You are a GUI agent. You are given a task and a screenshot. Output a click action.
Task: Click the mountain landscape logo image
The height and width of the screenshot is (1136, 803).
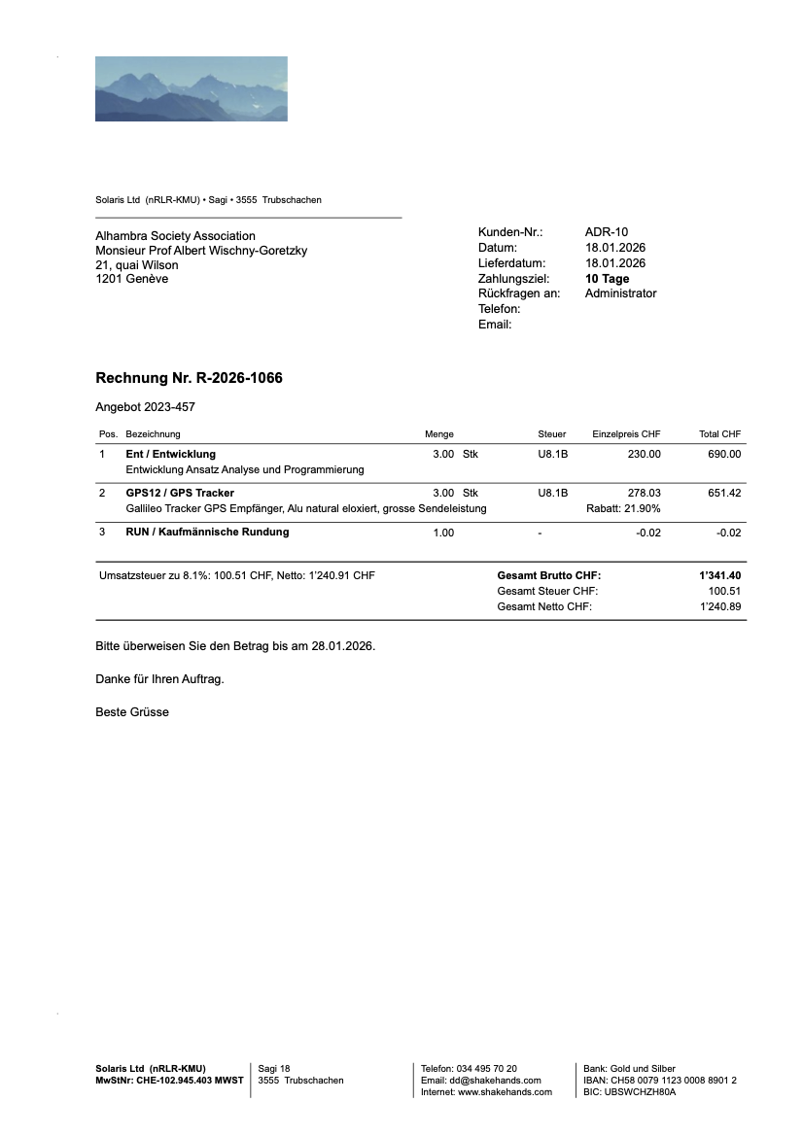(191, 88)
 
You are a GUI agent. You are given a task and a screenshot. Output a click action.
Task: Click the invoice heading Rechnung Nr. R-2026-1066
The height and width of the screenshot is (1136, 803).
(189, 378)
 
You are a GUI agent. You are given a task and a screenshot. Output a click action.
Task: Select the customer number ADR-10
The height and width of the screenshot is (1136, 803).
(607, 232)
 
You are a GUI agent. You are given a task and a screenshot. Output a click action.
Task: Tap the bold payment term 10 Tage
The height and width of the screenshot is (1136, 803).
(607, 279)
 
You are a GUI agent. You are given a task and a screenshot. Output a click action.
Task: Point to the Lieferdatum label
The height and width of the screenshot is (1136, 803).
(511, 263)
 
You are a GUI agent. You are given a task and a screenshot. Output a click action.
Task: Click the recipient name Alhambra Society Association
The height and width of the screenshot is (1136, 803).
(175, 236)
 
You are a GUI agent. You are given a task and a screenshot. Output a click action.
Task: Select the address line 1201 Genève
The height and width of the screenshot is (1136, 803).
(131, 280)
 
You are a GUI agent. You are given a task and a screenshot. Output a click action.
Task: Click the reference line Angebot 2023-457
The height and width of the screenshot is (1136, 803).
(138, 408)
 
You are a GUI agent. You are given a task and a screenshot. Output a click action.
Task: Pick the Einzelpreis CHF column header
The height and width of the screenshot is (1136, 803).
(626, 434)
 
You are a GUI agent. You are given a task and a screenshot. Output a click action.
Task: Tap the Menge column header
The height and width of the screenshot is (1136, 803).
(439, 434)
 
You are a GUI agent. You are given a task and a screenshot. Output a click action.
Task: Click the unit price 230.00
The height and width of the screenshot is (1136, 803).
(644, 454)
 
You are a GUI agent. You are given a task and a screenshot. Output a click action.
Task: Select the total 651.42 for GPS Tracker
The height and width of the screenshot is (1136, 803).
(724, 494)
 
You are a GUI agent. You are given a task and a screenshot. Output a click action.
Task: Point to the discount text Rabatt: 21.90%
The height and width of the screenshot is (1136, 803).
(623, 509)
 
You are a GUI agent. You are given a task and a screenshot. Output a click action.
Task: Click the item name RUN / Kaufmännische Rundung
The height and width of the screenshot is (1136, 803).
(207, 533)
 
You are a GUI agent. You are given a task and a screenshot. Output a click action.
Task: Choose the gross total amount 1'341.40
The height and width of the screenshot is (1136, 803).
(719, 576)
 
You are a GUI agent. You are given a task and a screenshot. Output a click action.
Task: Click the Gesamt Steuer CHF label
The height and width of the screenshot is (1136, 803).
(547, 592)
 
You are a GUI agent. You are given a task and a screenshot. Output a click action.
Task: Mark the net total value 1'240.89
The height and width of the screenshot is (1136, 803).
(720, 607)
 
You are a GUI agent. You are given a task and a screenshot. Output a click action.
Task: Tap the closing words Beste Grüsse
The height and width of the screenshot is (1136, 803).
(132, 712)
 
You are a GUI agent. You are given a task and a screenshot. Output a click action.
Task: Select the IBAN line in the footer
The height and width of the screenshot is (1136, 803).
(659, 1081)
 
